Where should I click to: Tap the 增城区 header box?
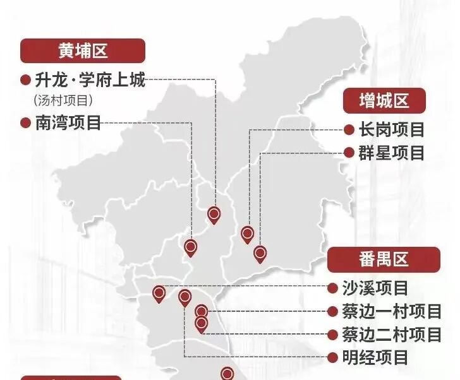click(384, 100)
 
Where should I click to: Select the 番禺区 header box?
click(384, 259)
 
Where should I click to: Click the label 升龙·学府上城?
click(89, 81)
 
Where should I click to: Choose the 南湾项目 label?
click(67, 123)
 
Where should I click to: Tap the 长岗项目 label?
click(391, 130)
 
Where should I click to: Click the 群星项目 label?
click(391, 152)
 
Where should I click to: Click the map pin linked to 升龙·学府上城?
click(214, 215)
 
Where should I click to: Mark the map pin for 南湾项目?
click(190, 247)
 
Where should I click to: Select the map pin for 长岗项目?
click(247, 234)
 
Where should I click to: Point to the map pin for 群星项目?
click(260, 254)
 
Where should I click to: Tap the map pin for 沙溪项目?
click(159, 293)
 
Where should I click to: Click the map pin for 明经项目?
click(185, 297)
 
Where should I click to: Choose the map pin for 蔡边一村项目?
click(201, 311)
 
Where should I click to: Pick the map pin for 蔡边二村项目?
click(201, 324)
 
